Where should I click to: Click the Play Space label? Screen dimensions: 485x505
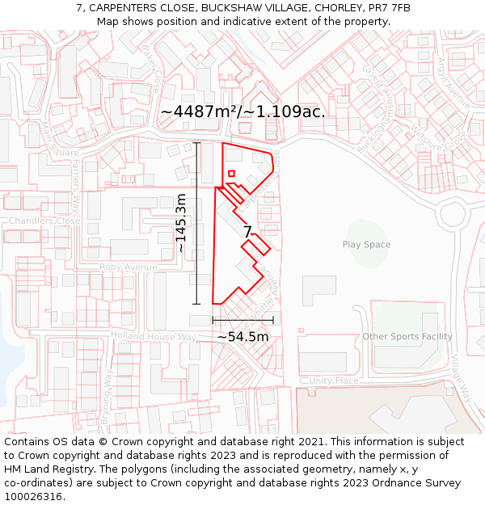366,245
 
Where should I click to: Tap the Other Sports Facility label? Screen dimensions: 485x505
407,336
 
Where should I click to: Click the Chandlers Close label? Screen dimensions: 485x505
44,221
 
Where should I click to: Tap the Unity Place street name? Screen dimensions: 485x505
333,381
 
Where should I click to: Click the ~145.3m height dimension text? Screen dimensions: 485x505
181,224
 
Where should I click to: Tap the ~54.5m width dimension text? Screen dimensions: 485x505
242,336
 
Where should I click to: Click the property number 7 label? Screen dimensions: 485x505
247,232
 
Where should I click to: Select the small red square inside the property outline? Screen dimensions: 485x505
231,173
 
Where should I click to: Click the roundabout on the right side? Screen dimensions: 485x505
453,215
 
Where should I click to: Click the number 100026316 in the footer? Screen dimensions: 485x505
33,497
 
